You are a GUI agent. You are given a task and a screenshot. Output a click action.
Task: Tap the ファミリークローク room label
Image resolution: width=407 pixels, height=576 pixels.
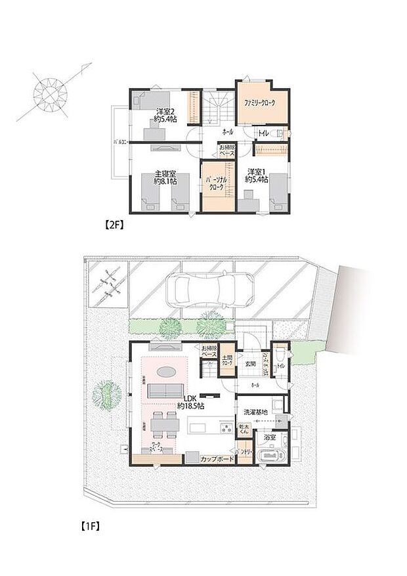coord(261,104)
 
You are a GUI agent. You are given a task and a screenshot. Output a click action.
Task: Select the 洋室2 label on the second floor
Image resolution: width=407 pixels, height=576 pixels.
coord(164,114)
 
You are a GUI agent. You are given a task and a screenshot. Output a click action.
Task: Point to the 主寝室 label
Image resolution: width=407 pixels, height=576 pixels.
coord(165,177)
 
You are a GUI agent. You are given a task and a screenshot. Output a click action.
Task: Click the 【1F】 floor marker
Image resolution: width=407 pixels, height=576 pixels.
coord(89,525)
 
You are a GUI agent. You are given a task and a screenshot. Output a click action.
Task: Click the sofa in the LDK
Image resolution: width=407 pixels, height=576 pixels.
coord(164,391)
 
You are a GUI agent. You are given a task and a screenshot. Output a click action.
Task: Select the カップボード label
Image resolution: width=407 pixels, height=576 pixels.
coord(217,458)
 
